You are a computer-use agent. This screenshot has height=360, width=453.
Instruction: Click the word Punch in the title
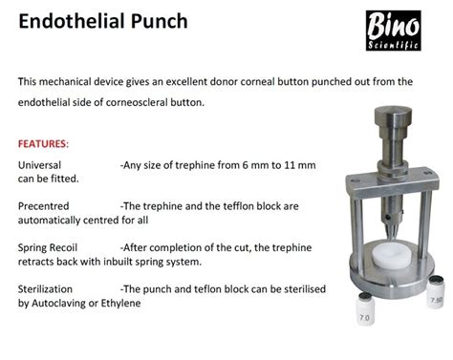(158, 21)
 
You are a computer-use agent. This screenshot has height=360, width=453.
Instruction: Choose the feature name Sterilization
(49, 287)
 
